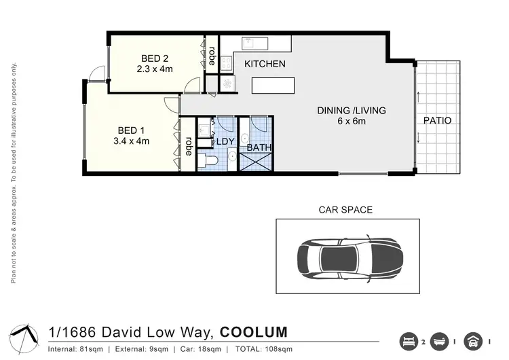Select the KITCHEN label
click(x=265, y=65)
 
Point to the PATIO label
click(x=437, y=121)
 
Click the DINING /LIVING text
click(x=352, y=111)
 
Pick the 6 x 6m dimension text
click(x=352, y=122)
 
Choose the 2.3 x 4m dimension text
click(x=155, y=69)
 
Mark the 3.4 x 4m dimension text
click(x=133, y=141)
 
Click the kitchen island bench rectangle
click(x=274, y=86)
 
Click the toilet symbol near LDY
click(x=208, y=160)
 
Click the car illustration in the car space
click(x=346, y=256)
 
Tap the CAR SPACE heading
click(x=345, y=210)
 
